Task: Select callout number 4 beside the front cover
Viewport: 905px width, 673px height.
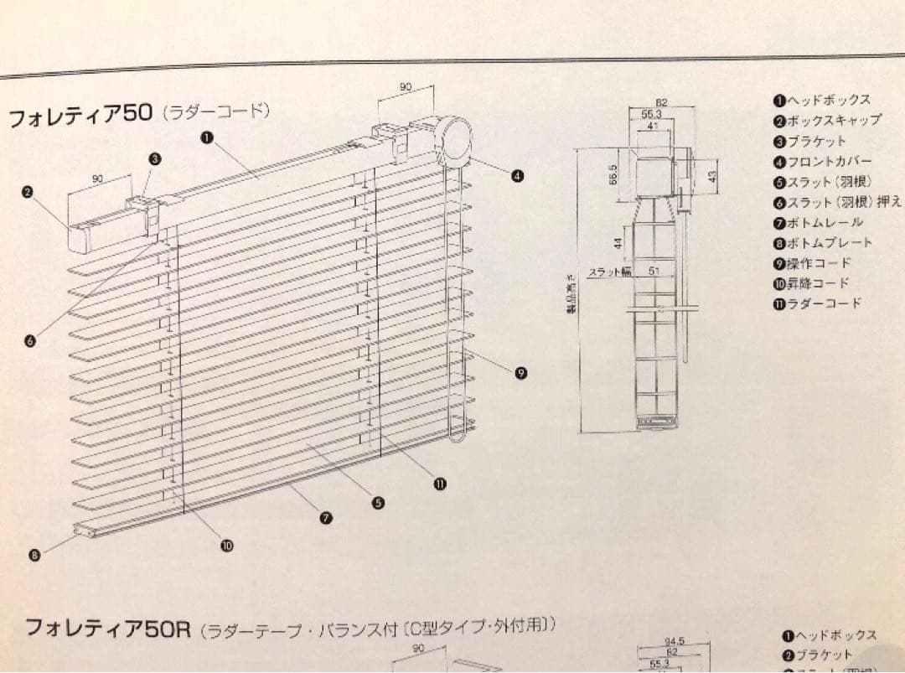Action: coord(518,176)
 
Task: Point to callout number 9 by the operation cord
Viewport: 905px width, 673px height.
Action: coord(521,374)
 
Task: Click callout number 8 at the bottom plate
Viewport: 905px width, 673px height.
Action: coord(34,554)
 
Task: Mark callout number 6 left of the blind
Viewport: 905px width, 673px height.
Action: coord(31,340)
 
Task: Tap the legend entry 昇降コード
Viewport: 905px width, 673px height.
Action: coord(817,283)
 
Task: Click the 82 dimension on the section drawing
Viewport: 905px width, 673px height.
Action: coord(661,103)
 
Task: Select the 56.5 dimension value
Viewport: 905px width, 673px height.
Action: coord(613,178)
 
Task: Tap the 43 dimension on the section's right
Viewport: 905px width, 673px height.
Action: coord(711,178)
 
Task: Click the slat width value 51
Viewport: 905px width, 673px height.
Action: coord(654,271)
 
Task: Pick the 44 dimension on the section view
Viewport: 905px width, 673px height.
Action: coord(618,243)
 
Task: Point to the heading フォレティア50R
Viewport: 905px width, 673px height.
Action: coord(109,628)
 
